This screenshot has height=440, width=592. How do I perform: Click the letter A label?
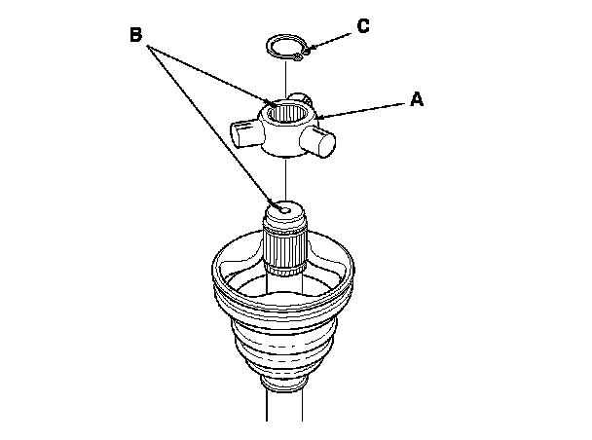pos(417,99)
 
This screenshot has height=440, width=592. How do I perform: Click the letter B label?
pos(136,34)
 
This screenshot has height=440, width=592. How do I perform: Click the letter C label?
pos(363,26)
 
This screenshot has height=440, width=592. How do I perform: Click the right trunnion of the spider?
pos(317,140)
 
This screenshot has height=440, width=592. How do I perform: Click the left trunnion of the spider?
pos(244,134)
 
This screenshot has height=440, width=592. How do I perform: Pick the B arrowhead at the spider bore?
pos(273,103)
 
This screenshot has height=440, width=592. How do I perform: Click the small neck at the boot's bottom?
pos(284,383)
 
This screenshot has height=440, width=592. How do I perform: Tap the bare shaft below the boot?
pos(284,406)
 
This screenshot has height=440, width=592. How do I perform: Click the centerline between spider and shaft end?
pos(285,180)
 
